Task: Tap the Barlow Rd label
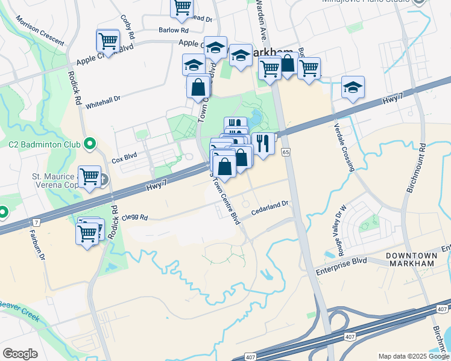pos(169,29)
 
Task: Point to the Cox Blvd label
pos(124,155)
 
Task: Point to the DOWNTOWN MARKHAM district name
pos(411,259)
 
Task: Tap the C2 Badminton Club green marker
pos(90,143)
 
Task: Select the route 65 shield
pos(285,153)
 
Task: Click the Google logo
pos(20,354)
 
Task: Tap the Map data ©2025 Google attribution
pos(413,356)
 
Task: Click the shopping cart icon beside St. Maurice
pos(89,176)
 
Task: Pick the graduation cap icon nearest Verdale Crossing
pos(353,87)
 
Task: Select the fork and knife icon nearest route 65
pos(262,144)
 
